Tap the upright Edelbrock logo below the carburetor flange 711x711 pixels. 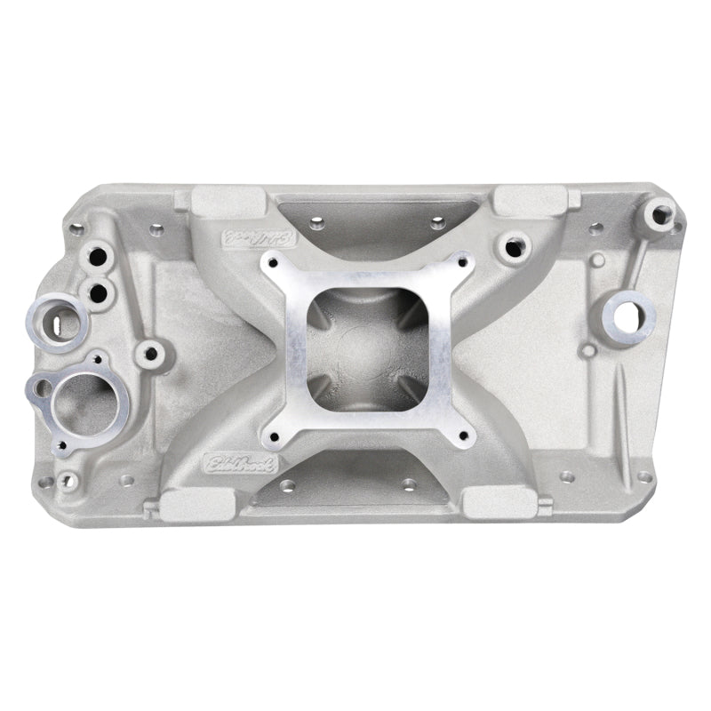[240, 463]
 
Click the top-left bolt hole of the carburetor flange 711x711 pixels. [275, 261]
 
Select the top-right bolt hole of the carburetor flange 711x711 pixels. [462, 260]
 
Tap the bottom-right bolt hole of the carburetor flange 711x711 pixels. [462, 435]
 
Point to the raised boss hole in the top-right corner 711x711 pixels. [660, 212]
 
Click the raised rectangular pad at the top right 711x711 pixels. [530, 200]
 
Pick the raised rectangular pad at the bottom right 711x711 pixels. [499, 503]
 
